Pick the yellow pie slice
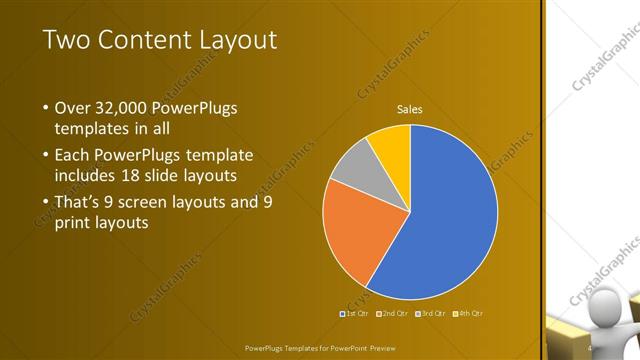(391, 146)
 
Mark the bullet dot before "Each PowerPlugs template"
(45, 156)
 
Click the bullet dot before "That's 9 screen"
(45, 202)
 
